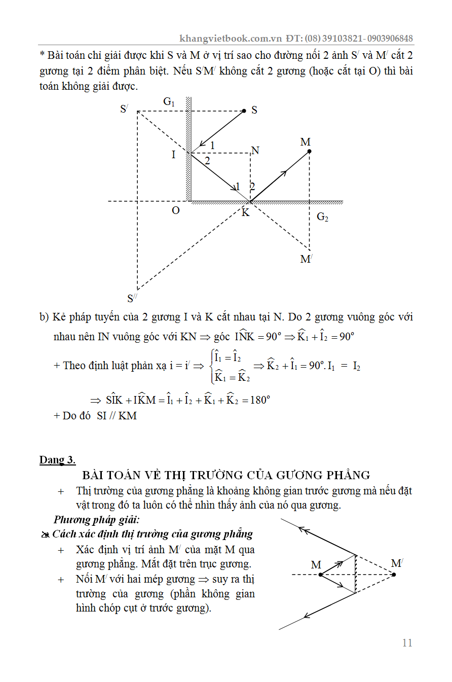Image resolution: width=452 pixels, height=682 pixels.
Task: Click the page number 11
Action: [407, 643]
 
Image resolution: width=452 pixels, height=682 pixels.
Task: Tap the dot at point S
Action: [244, 111]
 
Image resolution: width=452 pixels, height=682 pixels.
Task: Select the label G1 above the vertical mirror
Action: [169, 101]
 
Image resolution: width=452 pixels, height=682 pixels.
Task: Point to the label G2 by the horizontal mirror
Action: [322, 217]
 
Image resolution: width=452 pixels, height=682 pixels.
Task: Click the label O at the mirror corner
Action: [175, 210]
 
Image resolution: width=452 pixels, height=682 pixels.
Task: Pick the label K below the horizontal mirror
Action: [245, 212]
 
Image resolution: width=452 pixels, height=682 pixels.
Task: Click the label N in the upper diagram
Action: [255, 151]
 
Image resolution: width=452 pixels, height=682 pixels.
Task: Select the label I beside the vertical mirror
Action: [173, 155]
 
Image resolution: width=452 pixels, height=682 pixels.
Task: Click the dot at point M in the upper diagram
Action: [309, 151]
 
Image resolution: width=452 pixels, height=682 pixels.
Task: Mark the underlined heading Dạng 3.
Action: [57, 460]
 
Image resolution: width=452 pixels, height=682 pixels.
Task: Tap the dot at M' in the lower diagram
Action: [394, 575]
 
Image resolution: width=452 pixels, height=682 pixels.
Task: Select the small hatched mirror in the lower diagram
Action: [356, 574]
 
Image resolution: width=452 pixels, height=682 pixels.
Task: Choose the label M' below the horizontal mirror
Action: [306, 259]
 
